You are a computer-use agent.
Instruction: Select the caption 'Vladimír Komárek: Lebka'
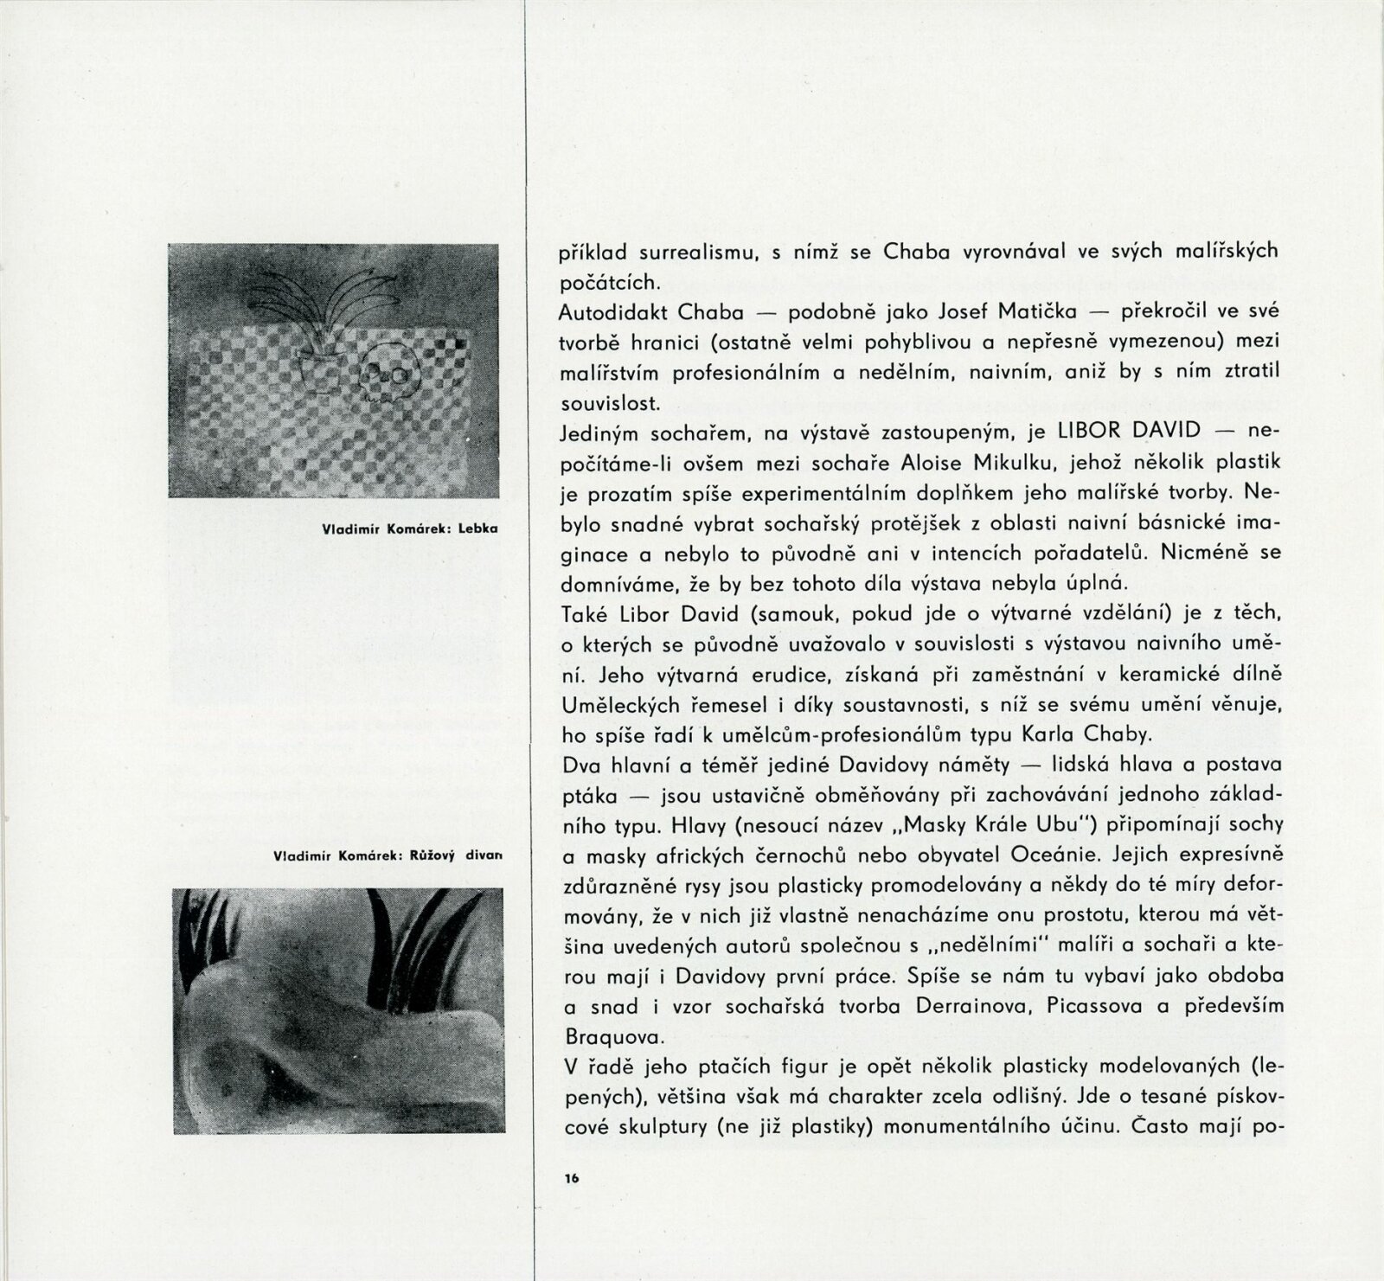coord(409,528)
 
